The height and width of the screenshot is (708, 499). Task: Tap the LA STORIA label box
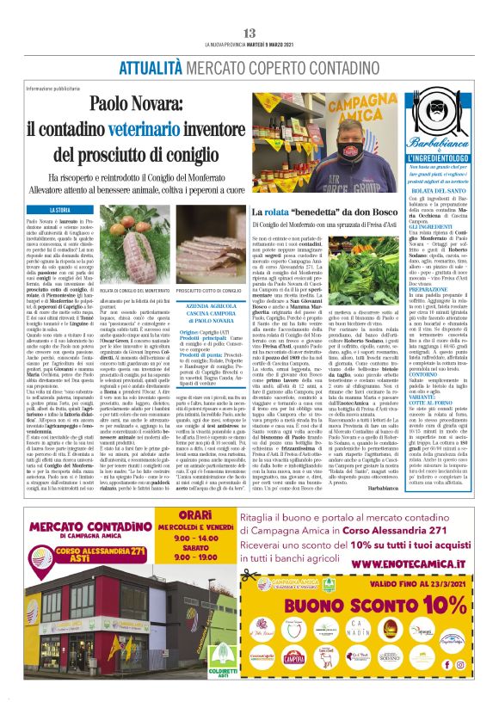tap(60, 210)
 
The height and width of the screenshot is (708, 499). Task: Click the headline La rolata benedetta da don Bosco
tap(312, 212)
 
